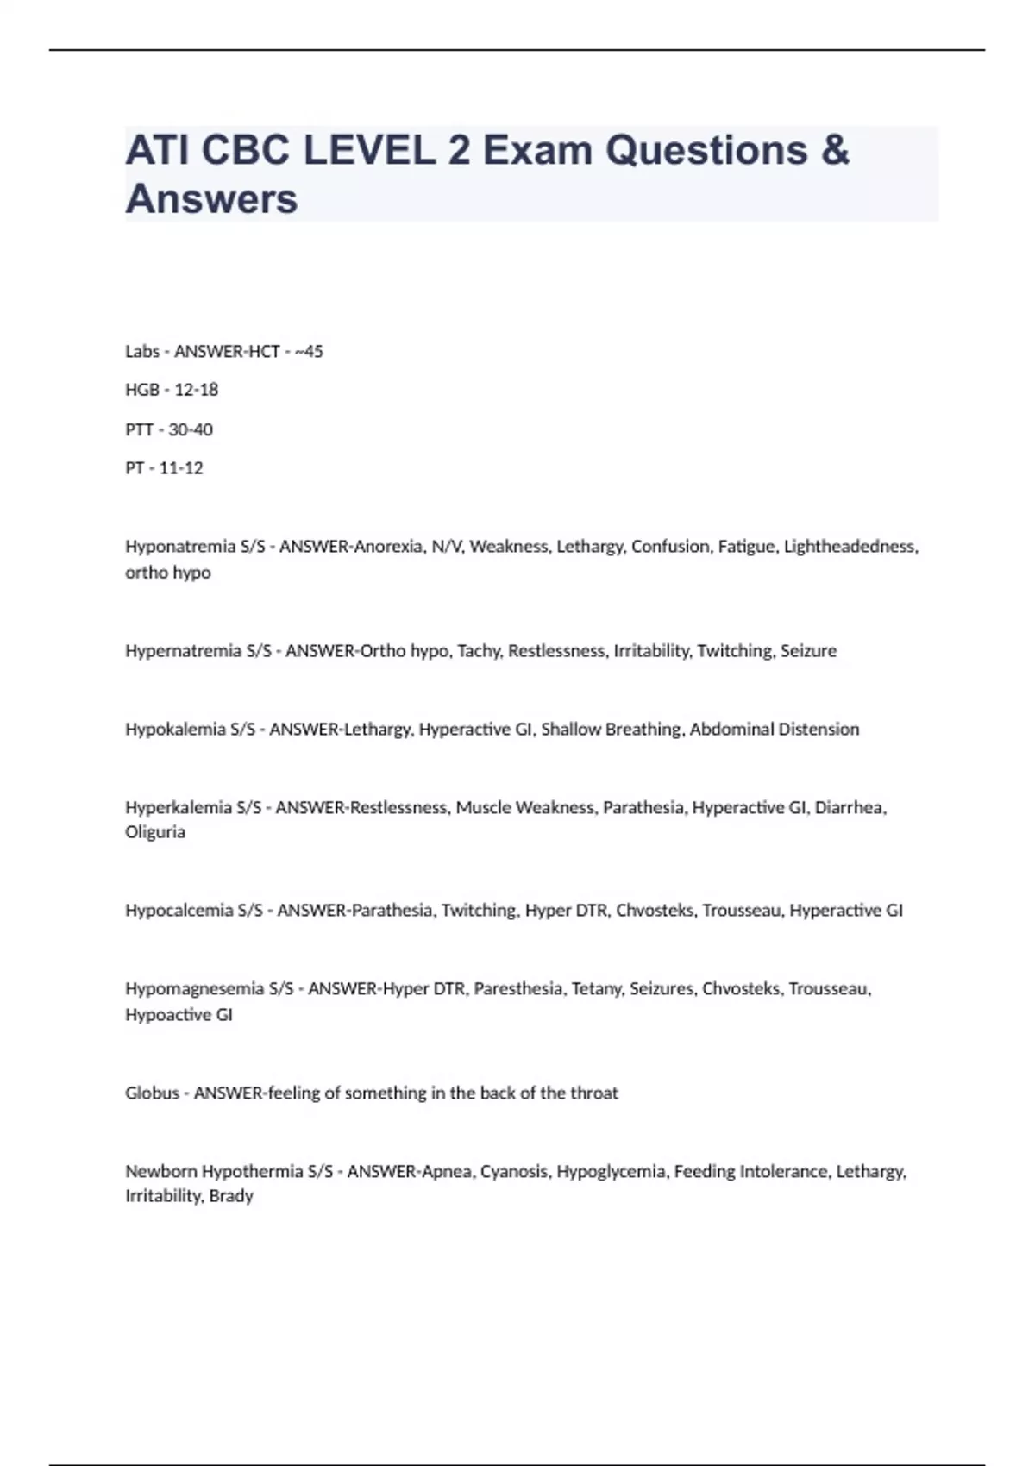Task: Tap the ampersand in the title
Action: pyautogui.click(x=835, y=151)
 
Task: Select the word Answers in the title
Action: pyautogui.click(x=211, y=199)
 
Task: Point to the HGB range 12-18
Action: pyautogui.click(x=196, y=390)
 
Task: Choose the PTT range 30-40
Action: pyautogui.click(x=190, y=429)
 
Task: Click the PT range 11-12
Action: pyautogui.click(x=181, y=468)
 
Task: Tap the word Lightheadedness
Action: pyautogui.click(x=850, y=547)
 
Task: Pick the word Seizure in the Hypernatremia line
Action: pyautogui.click(x=808, y=651)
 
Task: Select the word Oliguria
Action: pyautogui.click(x=155, y=832)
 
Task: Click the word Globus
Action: pyautogui.click(x=152, y=1093)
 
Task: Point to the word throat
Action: pyautogui.click(x=594, y=1093)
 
